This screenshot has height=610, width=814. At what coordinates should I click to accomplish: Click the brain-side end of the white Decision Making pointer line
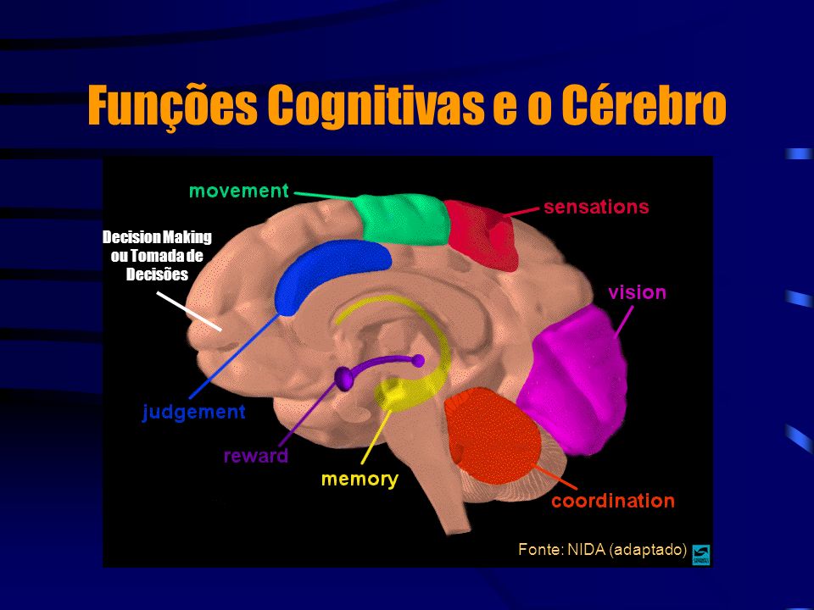click(x=221, y=330)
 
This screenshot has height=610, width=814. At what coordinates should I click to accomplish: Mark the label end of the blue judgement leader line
click(x=191, y=398)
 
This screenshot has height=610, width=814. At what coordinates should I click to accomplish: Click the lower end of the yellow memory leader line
click(x=362, y=463)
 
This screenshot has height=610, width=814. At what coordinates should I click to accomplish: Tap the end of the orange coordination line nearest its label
click(x=577, y=489)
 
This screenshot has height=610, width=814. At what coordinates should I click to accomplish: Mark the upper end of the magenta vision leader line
click(x=633, y=307)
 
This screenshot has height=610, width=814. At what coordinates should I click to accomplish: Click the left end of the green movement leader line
click(x=295, y=193)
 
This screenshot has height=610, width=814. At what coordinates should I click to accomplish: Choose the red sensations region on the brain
click(x=481, y=235)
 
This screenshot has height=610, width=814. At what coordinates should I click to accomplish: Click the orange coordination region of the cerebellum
click(x=492, y=434)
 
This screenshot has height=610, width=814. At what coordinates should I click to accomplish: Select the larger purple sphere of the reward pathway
click(x=343, y=378)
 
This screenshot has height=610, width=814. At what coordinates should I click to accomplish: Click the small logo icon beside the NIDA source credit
click(x=701, y=554)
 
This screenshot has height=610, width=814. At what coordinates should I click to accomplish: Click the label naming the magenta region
click(x=637, y=292)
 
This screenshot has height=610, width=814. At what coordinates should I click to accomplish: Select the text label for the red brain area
click(x=596, y=207)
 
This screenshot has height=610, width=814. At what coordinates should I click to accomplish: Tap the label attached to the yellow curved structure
click(x=360, y=479)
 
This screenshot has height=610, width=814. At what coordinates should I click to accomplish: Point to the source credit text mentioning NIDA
click(x=602, y=549)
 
